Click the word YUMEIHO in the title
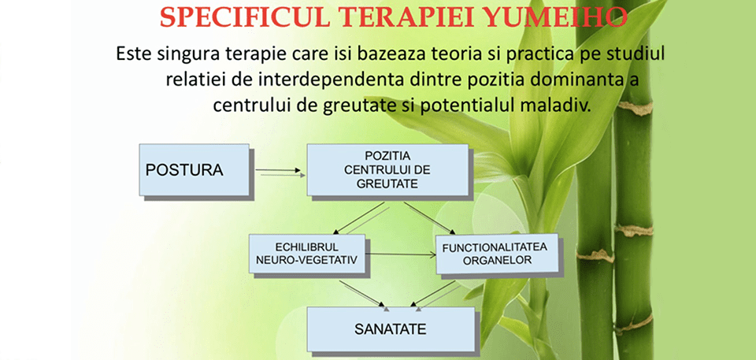point(555,18)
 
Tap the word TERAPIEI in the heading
point(403,18)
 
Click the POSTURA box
point(195,170)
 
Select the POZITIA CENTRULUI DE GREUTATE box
point(387,170)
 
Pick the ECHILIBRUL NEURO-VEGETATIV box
point(307,254)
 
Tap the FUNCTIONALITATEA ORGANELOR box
point(497,254)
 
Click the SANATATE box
point(391,329)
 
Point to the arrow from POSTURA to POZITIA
point(278,170)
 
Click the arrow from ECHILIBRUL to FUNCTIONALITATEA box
point(400,254)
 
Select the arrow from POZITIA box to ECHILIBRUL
point(359,218)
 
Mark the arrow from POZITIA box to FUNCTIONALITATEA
point(429,218)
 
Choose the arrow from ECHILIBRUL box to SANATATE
point(361,293)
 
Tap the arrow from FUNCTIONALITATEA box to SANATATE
point(432,293)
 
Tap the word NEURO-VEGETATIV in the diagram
point(306,260)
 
